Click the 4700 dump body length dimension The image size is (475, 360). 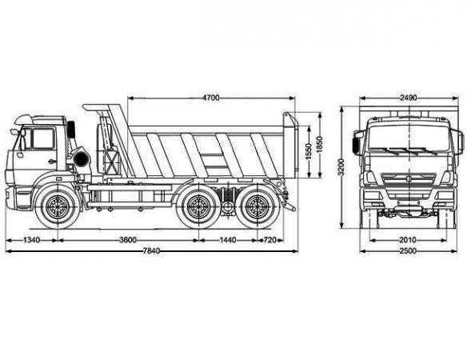(211, 98)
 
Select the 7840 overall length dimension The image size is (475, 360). (151, 251)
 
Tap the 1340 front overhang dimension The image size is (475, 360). (31, 240)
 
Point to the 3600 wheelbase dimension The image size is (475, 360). (128, 240)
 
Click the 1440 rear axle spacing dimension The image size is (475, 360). (228, 240)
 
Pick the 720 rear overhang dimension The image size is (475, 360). (269, 240)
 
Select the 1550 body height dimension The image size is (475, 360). (309, 151)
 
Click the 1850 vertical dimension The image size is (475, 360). (320, 145)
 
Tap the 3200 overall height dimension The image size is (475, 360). (341, 167)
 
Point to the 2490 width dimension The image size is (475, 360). (409, 98)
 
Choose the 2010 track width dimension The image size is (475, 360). (408, 240)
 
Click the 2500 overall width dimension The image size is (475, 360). (408, 251)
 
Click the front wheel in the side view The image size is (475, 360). (58, 206)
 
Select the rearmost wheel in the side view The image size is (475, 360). (257, 206)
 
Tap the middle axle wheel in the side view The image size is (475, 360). (198, 206)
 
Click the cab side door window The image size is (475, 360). (43, 138)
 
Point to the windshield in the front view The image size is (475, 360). (409, 138)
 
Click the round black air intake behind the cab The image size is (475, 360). (81, 158)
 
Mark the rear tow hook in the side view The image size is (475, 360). (290, 207)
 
